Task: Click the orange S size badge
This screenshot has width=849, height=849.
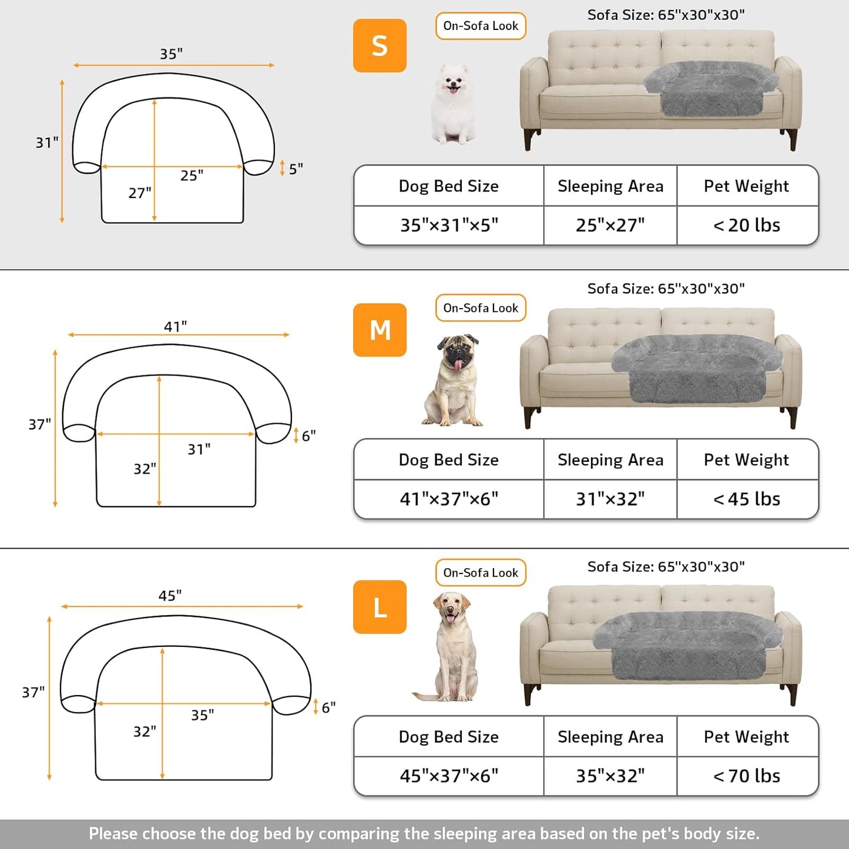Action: (x=380, y=46)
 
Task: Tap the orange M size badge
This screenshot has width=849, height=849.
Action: (x=380, y=330)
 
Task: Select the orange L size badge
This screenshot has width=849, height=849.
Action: (x=380, y=607)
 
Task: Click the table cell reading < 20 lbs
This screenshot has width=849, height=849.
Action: (x=747, y=225)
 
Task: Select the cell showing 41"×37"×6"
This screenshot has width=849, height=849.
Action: (x=449, y=499)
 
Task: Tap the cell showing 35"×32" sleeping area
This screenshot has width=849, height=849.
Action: (x=610, y=776)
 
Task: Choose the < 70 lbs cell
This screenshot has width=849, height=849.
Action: (x=747, y=776)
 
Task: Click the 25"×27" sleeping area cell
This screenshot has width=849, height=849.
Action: (x=610, y=225)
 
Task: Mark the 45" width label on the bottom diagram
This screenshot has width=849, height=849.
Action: (x=170, y=596)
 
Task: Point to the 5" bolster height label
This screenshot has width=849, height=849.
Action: (x=296, y=169)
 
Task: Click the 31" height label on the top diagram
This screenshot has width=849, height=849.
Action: (x=47, y=143)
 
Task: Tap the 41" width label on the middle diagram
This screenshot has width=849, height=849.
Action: (x=175, y=326)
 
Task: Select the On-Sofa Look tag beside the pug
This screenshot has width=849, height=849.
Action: (x=481, y=308)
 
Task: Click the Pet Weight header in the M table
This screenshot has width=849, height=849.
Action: (x=746, y=459)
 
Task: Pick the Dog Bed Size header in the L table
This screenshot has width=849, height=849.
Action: (x=448, y=737)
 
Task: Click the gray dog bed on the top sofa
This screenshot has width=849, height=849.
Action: (x=711, y=88)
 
